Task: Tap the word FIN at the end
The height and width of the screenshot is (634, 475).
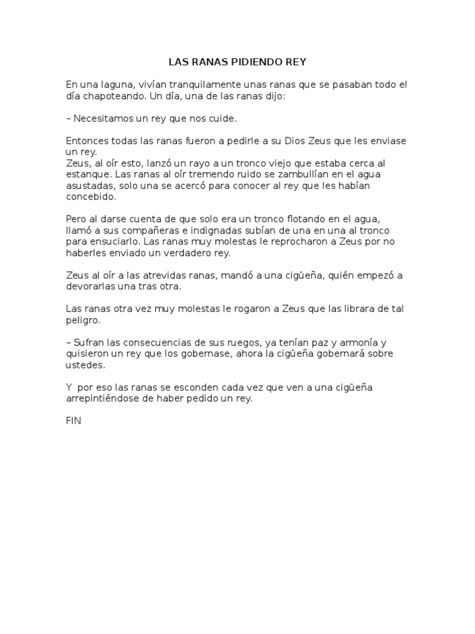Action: click(73, 420)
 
